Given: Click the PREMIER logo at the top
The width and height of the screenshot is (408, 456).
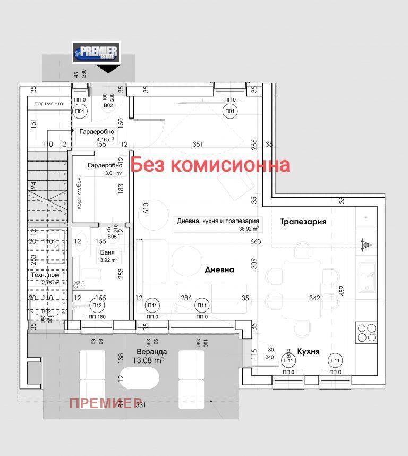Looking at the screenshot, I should click(96, 53).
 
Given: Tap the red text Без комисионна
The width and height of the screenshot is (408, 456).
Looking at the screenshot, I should click(210, 165).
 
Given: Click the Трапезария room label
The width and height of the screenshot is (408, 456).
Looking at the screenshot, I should click(303, 222).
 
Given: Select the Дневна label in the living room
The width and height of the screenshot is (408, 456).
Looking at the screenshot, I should click(219, 269).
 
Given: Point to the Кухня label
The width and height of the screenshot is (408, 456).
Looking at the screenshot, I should click(308, 351).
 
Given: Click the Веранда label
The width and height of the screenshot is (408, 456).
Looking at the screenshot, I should click(152, 352).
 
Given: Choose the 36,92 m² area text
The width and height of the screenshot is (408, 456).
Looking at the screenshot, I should click(249, 229).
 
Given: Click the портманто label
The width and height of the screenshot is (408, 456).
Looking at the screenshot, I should click(49, 103).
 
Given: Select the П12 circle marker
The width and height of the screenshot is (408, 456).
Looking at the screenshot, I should click(96, 305).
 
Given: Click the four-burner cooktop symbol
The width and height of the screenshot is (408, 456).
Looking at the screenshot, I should click(366, 332).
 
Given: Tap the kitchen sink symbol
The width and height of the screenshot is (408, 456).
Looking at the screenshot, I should click(366, 277).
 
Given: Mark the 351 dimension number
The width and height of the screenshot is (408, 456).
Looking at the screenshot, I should click(198, 144).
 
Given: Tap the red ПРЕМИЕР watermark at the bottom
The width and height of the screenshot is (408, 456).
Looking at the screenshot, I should click(106, 402).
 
